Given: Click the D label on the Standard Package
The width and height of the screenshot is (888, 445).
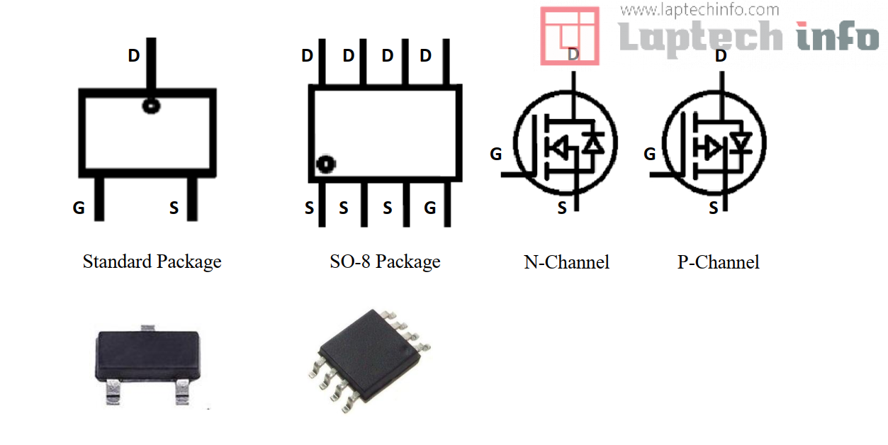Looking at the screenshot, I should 134,55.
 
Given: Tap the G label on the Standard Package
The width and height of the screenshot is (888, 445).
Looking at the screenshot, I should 79,208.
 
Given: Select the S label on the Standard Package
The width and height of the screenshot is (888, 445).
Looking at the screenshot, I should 174,208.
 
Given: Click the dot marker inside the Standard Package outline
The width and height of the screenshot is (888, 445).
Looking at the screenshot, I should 151,106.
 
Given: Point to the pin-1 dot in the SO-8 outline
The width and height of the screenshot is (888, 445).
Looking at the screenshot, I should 325,164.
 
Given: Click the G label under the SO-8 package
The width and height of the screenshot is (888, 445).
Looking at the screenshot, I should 429,208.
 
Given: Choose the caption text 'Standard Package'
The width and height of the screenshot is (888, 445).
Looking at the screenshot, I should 152,262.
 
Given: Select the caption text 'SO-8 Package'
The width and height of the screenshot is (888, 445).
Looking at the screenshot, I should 385,262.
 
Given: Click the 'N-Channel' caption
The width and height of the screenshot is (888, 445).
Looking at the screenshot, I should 566,263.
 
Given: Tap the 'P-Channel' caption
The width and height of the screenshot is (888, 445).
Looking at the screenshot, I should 718,263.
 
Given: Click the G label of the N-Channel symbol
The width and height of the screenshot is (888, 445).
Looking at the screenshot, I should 496,154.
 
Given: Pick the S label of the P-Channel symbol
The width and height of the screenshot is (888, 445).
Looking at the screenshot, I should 714,208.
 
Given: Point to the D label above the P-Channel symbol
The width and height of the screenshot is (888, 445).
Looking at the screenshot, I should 721,55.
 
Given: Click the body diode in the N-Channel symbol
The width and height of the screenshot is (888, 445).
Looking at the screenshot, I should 593,144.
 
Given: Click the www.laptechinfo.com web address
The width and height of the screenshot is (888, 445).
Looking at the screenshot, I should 699,10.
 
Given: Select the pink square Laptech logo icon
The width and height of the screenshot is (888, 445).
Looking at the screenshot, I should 569,35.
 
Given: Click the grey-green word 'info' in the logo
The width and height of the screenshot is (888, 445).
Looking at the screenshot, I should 836,35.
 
